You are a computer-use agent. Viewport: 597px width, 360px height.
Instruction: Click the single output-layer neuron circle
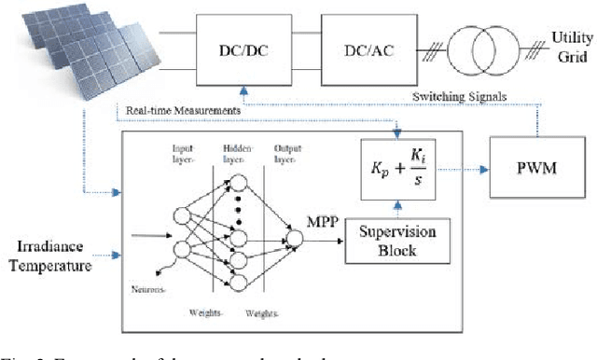tap(295, 241)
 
